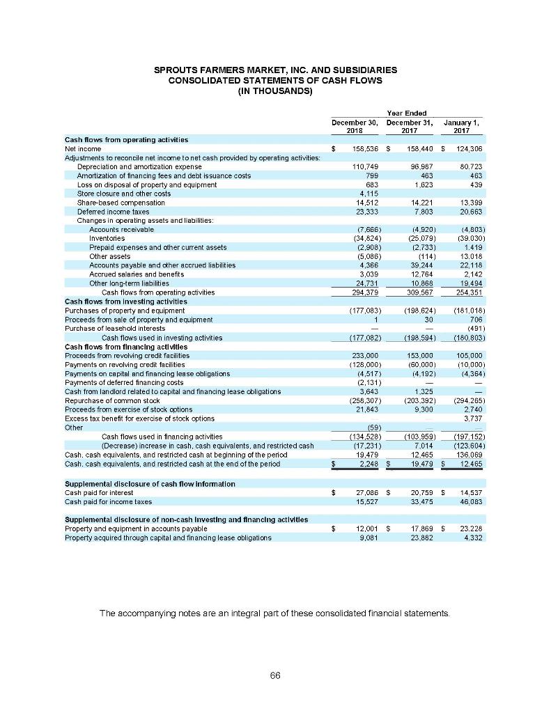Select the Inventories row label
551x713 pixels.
[107, 238]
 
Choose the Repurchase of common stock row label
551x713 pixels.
[104, 400]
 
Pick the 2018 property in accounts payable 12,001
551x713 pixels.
[363, 528]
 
